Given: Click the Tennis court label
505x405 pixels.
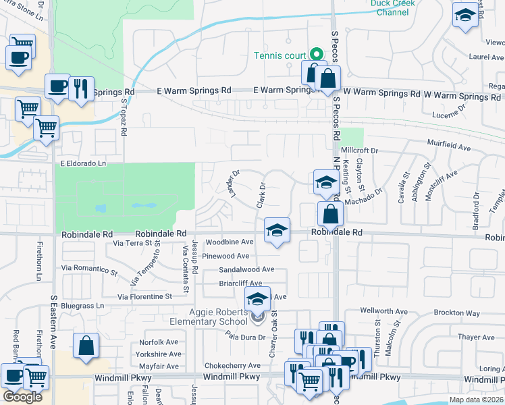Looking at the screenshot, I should click(x=279, y=55).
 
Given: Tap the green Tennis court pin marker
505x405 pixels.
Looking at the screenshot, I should click(x=315, y=55).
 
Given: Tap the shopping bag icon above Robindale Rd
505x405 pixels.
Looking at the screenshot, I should click(x=331, y=215).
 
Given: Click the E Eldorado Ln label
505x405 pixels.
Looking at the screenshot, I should click(x=84, y=163).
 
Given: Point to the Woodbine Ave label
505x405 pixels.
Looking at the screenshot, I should click(x=230, y=242).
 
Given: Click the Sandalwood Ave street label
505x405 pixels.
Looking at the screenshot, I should click(x=246, y=269).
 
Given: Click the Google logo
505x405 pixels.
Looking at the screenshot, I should click(x=22, y=397).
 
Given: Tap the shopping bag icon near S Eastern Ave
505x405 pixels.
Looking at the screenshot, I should click(x=87, y=347).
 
